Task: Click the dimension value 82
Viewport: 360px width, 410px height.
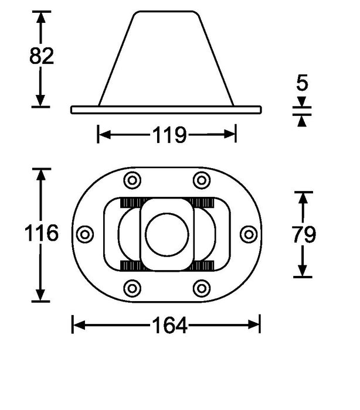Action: coord(42,56)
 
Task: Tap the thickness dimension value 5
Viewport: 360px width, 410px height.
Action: coord(302,84)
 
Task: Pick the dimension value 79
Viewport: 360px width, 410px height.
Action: coord(304,235)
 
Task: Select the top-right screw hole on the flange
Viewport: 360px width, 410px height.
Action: coord(202,180)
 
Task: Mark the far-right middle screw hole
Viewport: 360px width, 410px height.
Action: coord(249,234)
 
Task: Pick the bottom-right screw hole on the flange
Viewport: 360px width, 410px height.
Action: coord(202,288)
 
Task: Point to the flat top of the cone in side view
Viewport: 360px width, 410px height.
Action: coord(166,12)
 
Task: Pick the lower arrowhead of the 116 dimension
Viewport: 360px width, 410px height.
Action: coord(40,296)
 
